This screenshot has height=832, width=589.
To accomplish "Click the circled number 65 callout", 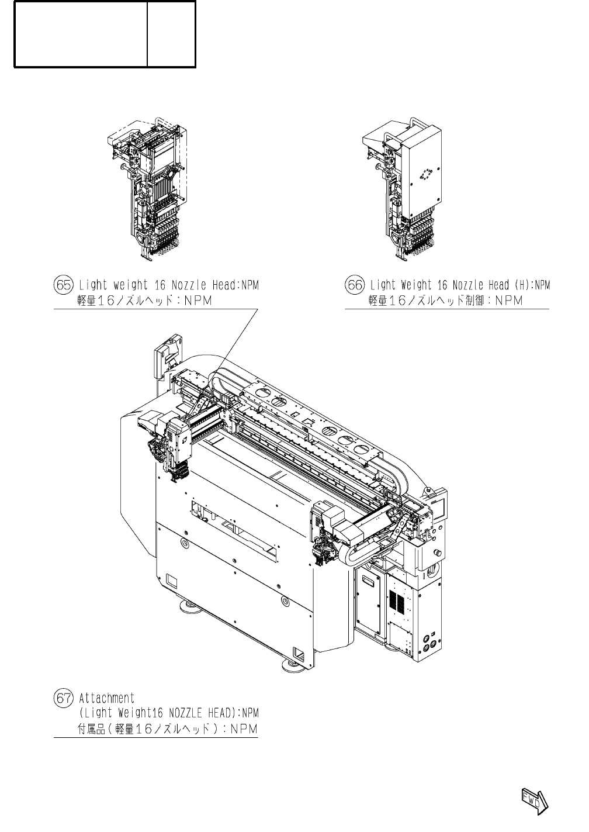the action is [63, 285].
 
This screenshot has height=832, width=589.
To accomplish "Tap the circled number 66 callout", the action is [354, 285].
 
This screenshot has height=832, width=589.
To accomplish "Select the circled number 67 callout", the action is [63, 698].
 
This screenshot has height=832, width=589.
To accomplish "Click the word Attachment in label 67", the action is [107, 698].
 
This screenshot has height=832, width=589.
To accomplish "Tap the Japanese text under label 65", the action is [144, 301].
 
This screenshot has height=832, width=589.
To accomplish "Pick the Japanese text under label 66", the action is [445, 301].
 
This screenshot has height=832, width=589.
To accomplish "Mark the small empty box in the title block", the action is [171, 33].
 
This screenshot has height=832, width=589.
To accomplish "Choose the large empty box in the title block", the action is [81, 33].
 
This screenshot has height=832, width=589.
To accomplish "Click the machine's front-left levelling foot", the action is [189, 608].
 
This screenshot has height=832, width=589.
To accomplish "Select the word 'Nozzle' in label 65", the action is [186, 285].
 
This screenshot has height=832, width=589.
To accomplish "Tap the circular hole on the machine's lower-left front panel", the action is [185, 543].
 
